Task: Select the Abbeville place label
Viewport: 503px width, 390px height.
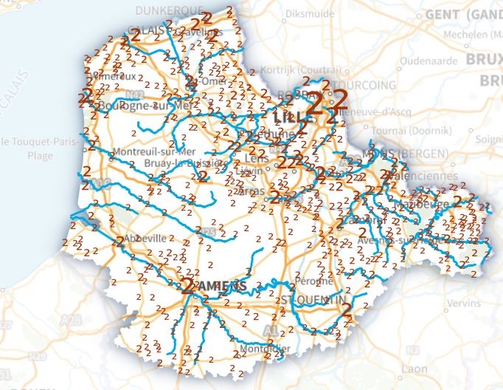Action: coord(148,239)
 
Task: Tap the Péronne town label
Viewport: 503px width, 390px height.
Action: coord(318,281)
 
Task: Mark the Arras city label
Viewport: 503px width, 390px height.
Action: coord(252,191)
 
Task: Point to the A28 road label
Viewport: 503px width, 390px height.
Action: coord(72,320)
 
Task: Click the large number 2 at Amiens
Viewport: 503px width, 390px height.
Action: coord(189,286)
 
